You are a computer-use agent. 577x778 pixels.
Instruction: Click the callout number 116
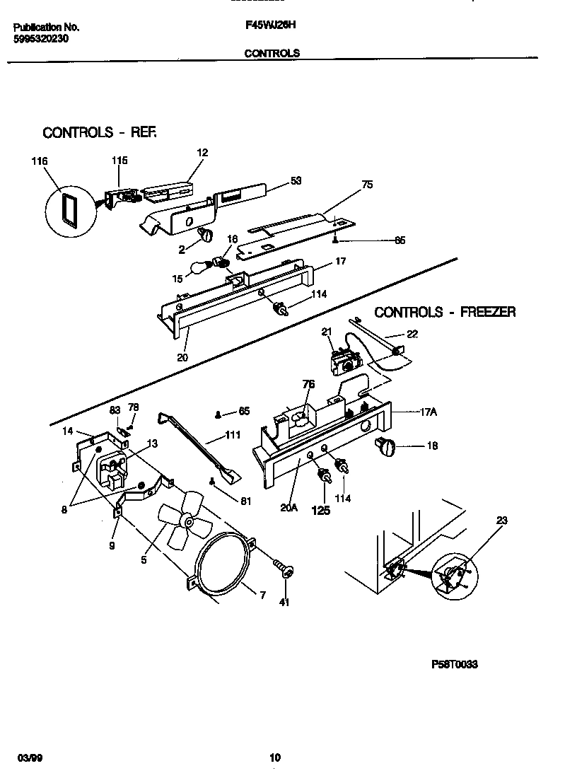39,162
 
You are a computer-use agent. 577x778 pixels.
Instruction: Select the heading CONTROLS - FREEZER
445,312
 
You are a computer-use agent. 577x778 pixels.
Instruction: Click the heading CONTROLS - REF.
99,132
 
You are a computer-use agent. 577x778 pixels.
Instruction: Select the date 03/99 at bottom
25,757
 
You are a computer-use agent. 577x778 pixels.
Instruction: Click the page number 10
275,757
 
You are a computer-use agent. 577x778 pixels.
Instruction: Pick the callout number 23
501,521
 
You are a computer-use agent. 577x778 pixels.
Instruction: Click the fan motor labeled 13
112,470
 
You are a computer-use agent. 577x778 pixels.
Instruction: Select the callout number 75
366,185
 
